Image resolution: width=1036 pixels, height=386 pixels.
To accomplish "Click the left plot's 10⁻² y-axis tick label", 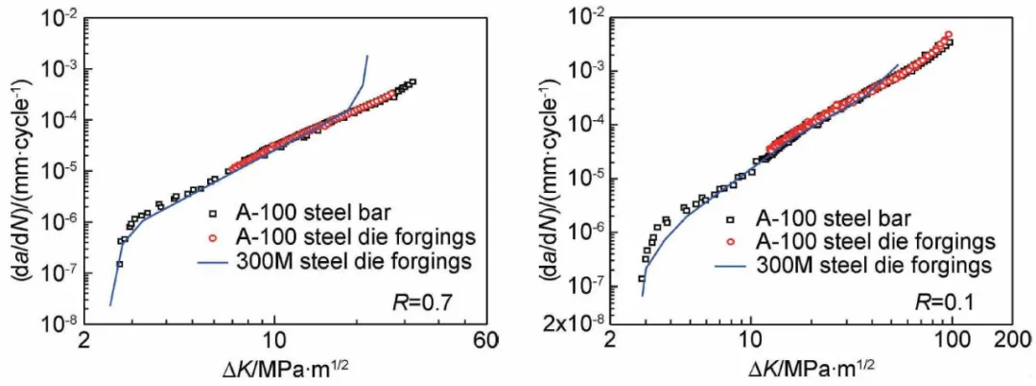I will pos(64,18).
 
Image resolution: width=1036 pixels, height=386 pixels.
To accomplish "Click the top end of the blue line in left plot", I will pos(367,57).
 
